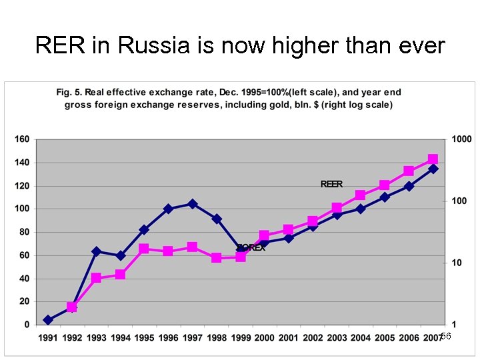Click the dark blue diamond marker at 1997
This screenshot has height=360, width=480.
[192, 204]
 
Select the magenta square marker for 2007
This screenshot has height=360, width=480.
[433, 160]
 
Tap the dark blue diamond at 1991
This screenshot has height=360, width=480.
[48, 320]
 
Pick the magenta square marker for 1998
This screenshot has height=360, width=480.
[216, 257]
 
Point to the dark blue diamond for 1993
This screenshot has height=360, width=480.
[96, 251]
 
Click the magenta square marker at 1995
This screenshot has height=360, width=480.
[144, 249]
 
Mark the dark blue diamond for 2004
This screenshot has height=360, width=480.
[361, 209]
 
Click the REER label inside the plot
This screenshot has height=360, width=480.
[331, 184]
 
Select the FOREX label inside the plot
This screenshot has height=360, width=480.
[251, 247]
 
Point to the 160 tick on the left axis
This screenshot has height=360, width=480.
[22, 139]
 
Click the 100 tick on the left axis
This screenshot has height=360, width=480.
[22, 209]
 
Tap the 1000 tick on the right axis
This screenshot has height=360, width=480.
[461, 139]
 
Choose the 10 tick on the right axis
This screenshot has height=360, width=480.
[457, 263]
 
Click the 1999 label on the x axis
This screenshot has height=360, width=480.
[240, 338]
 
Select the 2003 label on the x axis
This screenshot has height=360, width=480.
[337, 338]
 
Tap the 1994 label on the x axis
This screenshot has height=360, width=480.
[120, 338]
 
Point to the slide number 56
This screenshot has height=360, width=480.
[446, 337]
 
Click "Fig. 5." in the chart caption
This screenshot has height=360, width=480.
[69, 92]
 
